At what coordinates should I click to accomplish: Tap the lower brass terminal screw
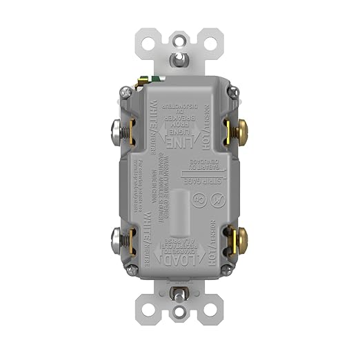tap(243, 239)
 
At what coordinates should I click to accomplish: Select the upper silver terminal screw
tap(117, 130)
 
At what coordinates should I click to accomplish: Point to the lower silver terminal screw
tap(117, 239)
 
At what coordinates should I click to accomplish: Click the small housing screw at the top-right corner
tap(232, 90)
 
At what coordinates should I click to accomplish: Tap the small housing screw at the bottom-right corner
tap(231, 274)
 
